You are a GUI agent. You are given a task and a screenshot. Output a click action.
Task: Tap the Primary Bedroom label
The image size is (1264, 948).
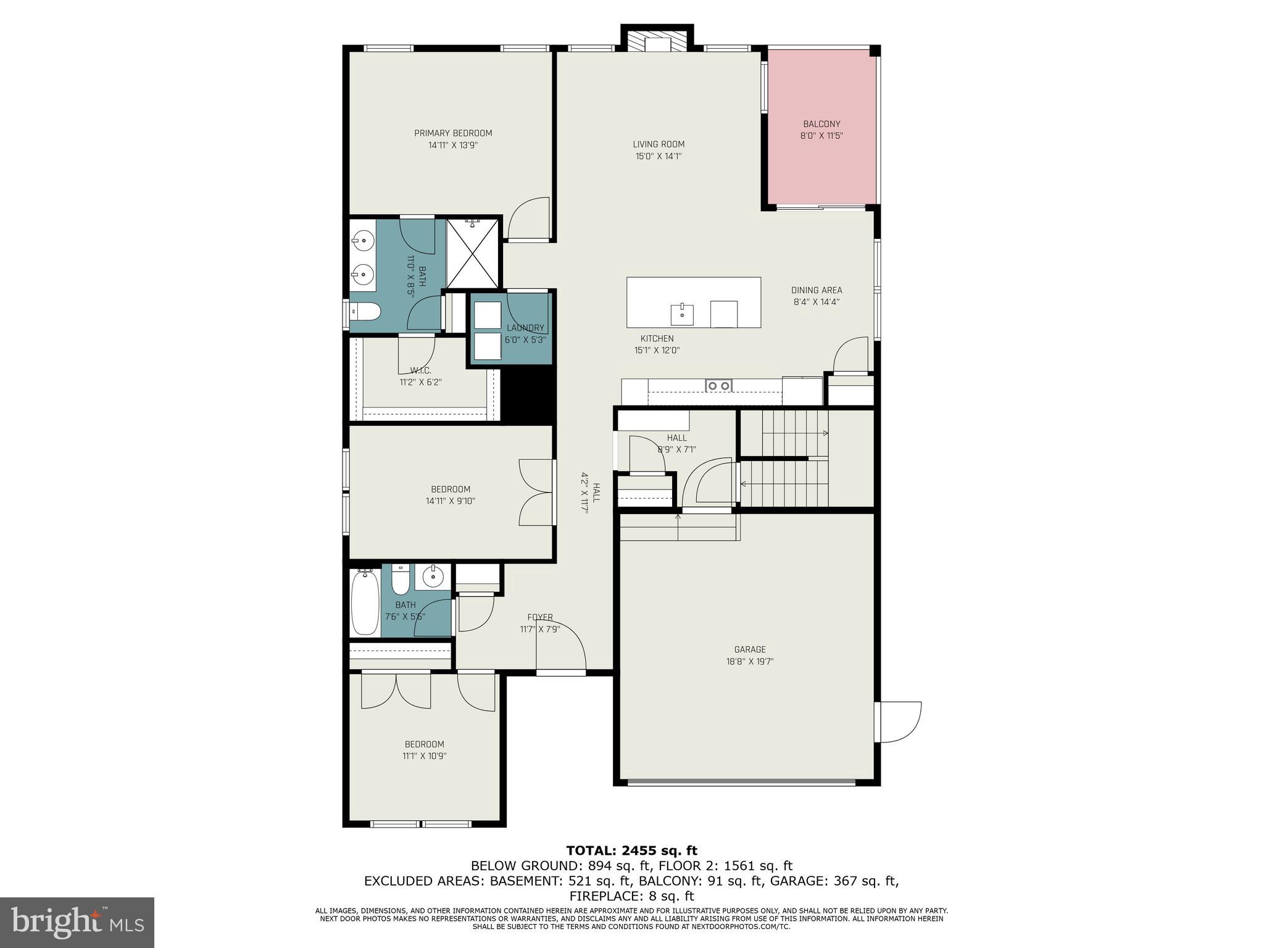coord(453,133)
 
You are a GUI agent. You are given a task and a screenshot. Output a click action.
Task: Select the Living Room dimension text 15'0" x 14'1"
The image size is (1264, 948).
coord(659,156)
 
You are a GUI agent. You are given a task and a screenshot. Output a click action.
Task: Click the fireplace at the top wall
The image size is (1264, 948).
coord(657,41)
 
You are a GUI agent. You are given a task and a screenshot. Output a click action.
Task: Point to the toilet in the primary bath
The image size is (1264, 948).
coord(364,313)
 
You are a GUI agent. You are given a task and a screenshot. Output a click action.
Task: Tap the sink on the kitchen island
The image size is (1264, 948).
coord(682,315)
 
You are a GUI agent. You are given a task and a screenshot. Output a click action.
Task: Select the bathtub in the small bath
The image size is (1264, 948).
coord(365,602)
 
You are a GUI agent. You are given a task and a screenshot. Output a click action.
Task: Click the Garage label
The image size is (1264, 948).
coord(750,649)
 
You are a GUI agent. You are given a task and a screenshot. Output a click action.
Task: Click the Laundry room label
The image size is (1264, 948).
coord(525,328)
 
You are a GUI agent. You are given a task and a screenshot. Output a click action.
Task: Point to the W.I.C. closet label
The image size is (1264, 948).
coord(420,370)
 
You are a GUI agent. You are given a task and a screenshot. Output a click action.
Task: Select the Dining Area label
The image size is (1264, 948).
coord(817,290)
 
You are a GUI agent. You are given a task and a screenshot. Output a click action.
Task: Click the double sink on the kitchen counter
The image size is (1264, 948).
coord(719,386)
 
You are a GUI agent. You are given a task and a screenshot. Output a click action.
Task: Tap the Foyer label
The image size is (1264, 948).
coord(539,617)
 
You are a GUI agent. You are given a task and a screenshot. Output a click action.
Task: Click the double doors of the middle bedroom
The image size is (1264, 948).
coord(536,493)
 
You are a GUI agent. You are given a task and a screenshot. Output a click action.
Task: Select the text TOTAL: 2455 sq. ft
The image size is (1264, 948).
coord(631,851)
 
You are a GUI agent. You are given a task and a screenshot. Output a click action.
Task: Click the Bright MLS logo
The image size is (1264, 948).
coord(77,923)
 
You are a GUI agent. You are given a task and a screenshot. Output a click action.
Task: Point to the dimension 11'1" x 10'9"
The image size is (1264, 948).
coord(424,756)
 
